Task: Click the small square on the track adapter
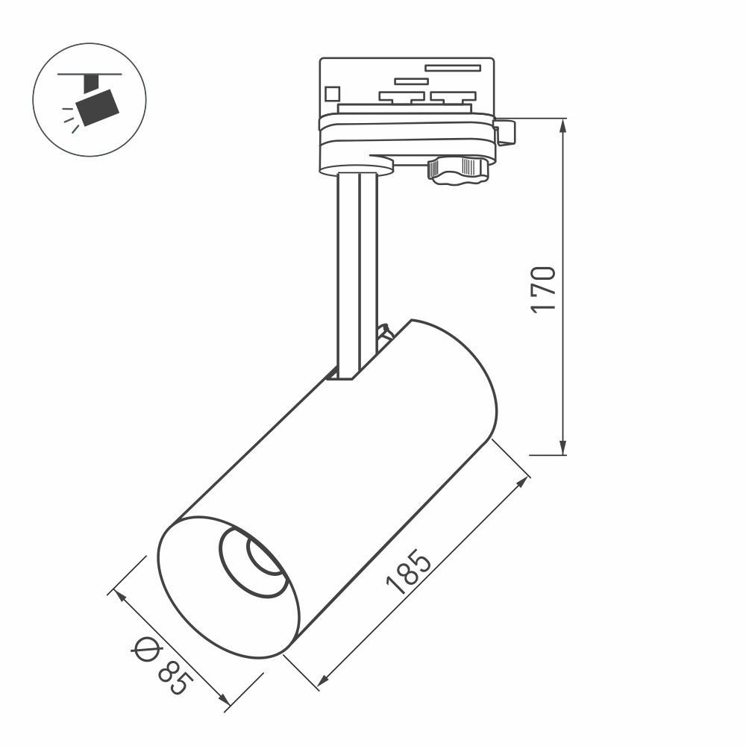coord(331,94)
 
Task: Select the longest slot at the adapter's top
coord(452,68)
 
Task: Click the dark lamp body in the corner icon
coord(98,107)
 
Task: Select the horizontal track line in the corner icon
coord(90,75)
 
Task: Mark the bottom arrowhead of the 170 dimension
coord(564,448)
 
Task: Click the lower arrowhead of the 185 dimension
coord(323,680)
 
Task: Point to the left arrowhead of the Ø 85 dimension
coord(119,598)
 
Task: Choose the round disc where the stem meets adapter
coord(357,167)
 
